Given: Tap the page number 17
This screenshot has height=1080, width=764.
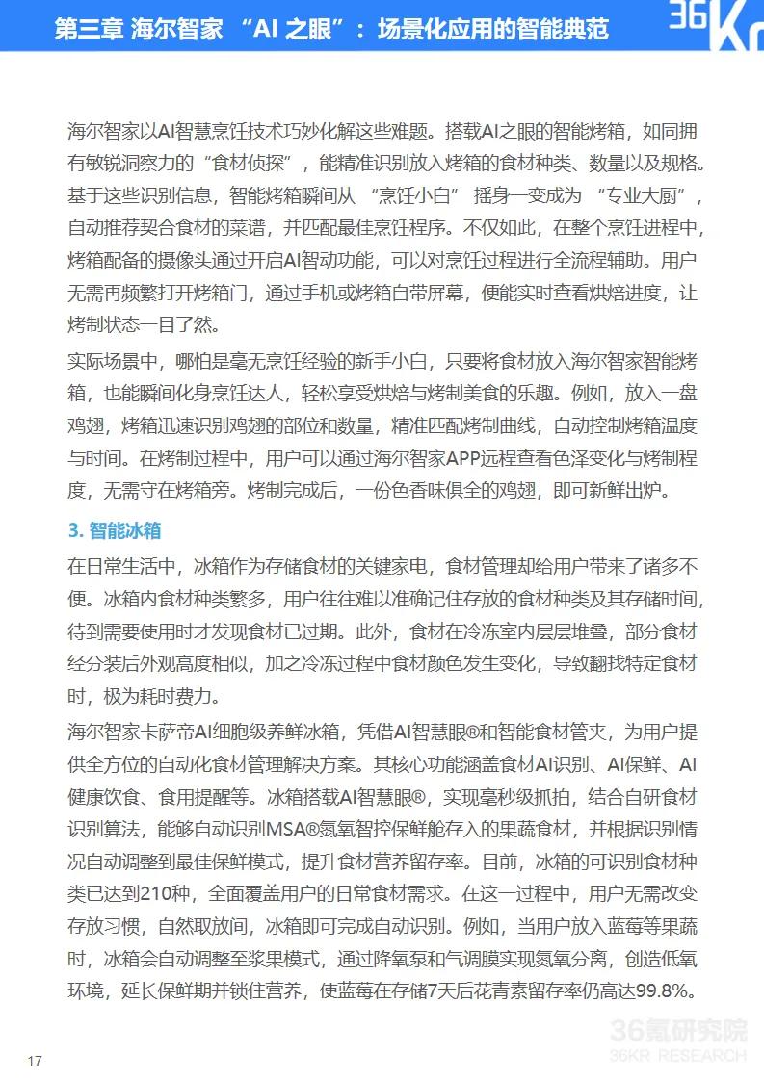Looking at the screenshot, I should pos(36,1061).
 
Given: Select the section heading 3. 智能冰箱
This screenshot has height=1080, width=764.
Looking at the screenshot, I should pos(115,530).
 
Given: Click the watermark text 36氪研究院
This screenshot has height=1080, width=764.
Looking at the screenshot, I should pos(678,1033).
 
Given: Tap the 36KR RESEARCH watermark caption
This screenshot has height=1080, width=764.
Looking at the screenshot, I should pos(678,1055).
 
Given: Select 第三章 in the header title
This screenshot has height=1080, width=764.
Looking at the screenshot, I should pos(89,29).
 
